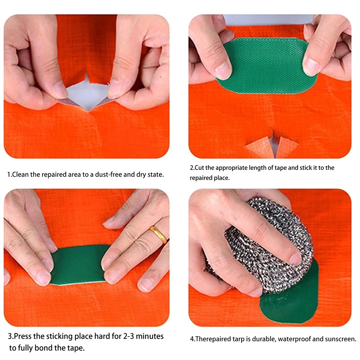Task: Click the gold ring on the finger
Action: tap(158, 234)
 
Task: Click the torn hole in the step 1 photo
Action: tap(87, 94)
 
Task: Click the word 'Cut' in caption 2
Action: tap(199, 168)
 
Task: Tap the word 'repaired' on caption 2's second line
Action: tap(200, 178)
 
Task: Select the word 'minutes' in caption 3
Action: tap(150, 336)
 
